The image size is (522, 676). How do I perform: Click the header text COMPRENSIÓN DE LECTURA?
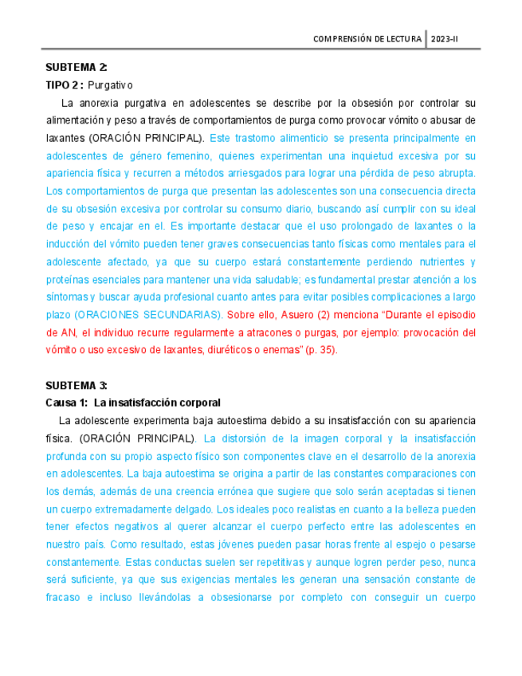click(367, 38)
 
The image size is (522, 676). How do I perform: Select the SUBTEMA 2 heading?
click(77, 67)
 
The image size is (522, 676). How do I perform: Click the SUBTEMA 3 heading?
click(77, 384)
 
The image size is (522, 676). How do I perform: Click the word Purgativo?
click(111, 84)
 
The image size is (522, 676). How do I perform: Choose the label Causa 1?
click(67, 402)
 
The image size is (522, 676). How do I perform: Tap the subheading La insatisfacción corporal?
click(157, 402)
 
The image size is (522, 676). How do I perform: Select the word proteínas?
click(70, 279)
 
